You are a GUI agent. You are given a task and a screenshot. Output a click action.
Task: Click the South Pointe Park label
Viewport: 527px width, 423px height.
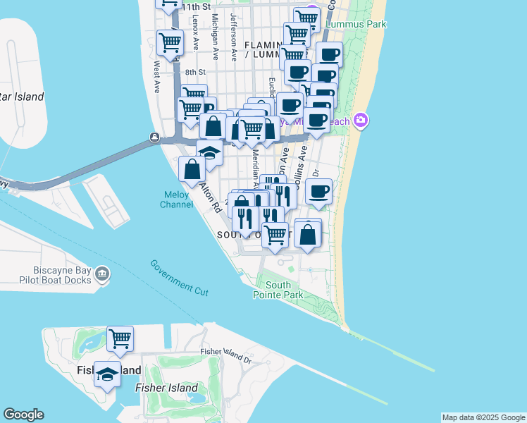tap(278, 290)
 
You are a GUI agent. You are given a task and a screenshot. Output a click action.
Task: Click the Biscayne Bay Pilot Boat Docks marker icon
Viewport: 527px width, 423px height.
tap(102, 274)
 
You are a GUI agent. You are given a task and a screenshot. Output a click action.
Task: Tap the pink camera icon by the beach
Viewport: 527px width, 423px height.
tap(361, 121)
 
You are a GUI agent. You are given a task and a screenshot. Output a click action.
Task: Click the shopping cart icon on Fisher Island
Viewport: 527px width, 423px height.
tap(120, 338)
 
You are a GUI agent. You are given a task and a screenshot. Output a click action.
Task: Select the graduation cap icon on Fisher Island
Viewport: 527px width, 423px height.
tap(107, 374)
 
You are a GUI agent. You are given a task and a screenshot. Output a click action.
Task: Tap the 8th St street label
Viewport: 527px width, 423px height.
tap(195, 72)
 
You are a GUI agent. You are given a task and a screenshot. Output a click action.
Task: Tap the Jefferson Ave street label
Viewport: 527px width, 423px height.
tap(233, 30)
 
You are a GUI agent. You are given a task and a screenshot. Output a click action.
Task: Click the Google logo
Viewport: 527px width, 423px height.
tap(24, 415)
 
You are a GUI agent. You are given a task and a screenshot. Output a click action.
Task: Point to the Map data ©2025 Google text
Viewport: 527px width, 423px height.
tap(483, 417)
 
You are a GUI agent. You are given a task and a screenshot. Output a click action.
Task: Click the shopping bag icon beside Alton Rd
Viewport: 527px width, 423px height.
tap(192, 169)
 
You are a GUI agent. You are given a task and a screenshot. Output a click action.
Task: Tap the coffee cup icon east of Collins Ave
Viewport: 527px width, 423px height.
tap(319, 191)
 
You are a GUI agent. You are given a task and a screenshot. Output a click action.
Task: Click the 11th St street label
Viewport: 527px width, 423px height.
tap(197, 6)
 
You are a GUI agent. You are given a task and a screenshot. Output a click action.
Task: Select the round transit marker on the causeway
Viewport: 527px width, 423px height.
tap(154, 137)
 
